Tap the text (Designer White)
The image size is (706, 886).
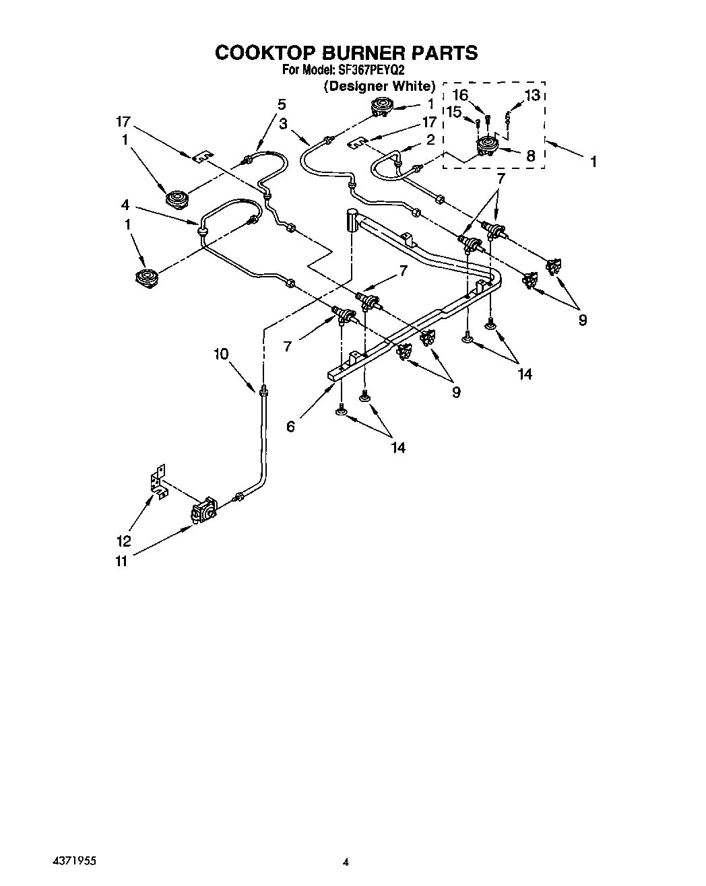click(379, 86)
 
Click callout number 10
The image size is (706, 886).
click(222, 353)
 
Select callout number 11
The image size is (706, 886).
click(121, 561)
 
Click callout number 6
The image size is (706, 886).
click(290, 427)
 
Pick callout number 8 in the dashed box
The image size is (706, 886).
click(530, 156)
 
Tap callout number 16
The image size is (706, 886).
click(459, 95)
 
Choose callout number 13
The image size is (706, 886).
click(532, 95)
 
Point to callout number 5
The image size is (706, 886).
click(282, 104)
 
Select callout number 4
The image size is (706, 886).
click(125, 205)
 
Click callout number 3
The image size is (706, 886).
click(283, 124)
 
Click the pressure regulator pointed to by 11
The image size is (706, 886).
click(204, 510)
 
